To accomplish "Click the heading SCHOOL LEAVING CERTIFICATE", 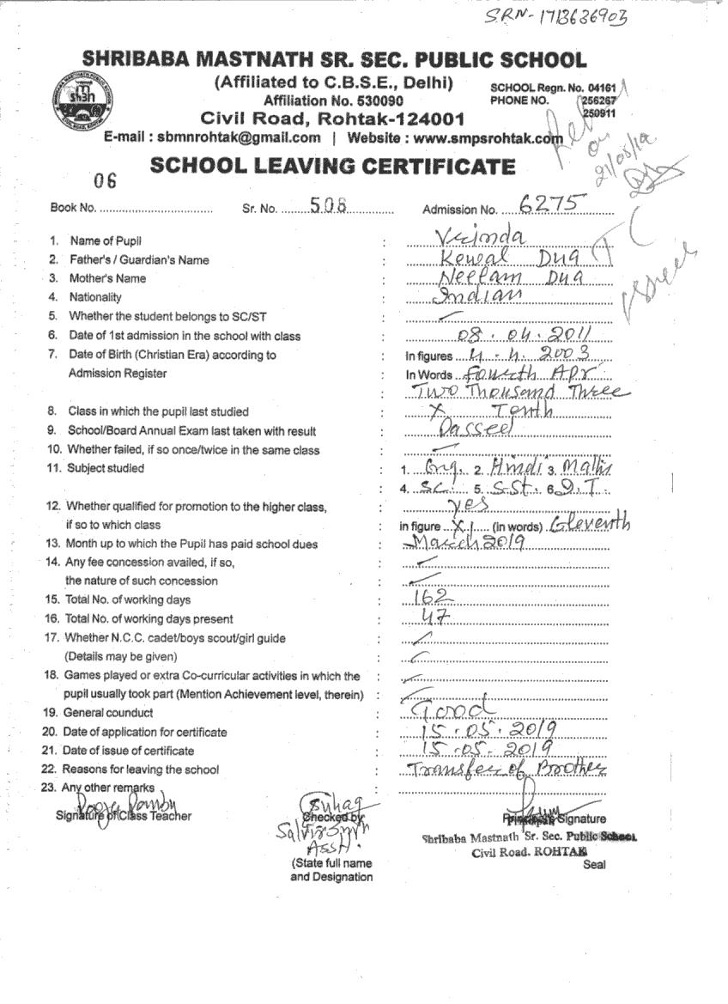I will (333, 167).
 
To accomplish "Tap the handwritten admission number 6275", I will (553, 204).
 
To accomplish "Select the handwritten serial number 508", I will (327, 204).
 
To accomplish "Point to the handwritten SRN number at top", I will (555, 18).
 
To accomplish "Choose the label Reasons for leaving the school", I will (141, 770).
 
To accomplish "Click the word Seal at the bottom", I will (594, 864).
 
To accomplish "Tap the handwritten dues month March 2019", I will (460, 543).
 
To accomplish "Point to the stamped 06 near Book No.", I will (106, 180).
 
